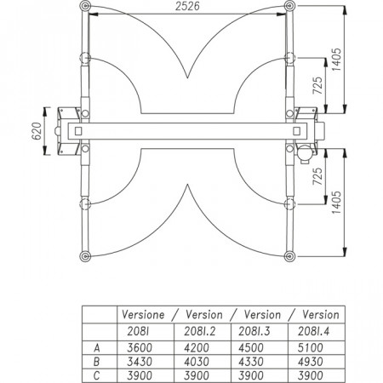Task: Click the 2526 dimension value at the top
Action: coord(187,6)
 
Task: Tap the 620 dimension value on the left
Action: coord(37,131)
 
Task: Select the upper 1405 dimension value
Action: coord(336,60)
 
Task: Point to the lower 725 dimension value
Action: coord(317,176)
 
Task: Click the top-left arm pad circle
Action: coord(85,6)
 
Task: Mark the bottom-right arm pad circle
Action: coord(289,256)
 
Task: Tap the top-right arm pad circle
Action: coord(289,6)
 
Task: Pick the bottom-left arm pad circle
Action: coord(85,256)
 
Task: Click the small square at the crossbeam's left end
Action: coord(78,131)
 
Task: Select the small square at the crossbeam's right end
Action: coord(296,131)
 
